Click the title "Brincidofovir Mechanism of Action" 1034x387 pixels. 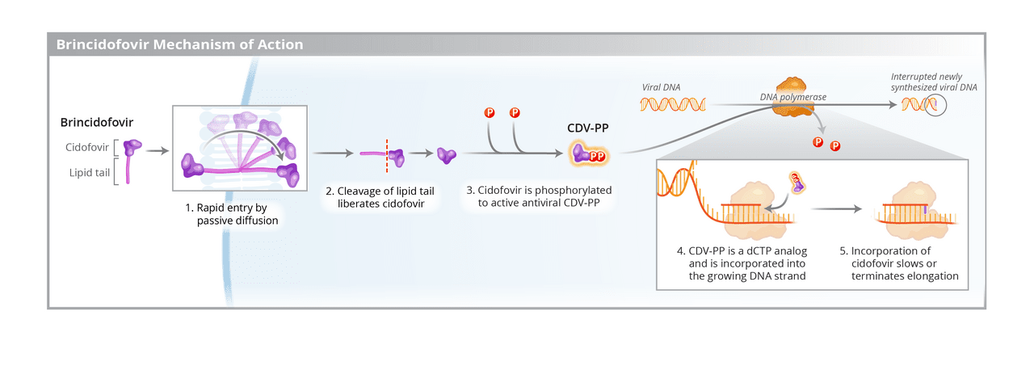click(x=179, y=44)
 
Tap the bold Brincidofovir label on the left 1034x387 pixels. click(x=97, y=122)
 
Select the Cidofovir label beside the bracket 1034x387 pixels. click(x=87, y=147)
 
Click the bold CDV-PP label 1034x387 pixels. click(x=587, y=128)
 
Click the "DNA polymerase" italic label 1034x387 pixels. click(x=792, y=97)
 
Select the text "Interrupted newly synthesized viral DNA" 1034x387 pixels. click(x=933, y=81)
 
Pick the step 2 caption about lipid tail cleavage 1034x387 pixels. click(x=380, y=197)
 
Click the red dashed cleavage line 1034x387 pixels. click(x=387, y=154)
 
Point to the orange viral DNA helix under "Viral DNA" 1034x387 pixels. click(x=674, y=103)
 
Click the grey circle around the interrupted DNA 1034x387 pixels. click(x=935, y=105)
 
